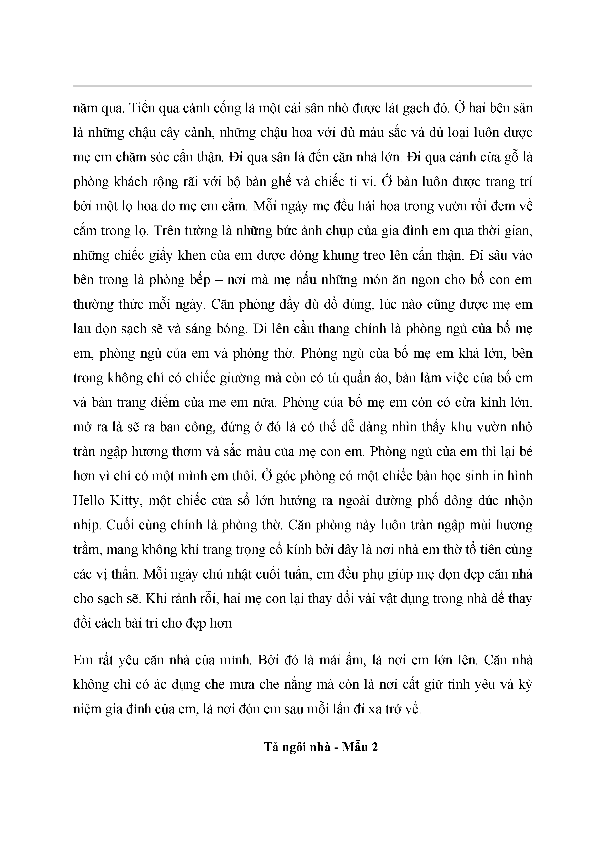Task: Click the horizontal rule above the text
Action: coord(302,86)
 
